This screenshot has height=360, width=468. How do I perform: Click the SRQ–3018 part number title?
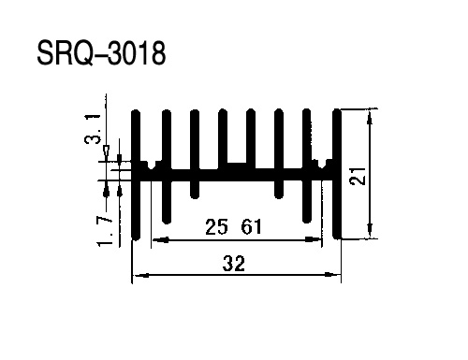click(x=101, y=53)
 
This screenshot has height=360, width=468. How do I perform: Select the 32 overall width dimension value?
click(x=234, y=264)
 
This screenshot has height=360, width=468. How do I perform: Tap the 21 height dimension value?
click(x=358, y=177)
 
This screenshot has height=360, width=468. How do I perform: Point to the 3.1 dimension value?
click(x=93, y=129)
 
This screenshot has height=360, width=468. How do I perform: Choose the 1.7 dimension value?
click(x=105, y=232)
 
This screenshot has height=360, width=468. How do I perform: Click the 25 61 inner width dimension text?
click(x=233, y=227)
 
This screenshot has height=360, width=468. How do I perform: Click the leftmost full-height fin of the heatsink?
click(x=136, y=175)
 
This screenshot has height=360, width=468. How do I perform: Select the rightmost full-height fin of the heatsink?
click(x=337, y=174)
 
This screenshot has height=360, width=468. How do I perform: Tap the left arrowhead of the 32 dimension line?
click(x=140, y=275)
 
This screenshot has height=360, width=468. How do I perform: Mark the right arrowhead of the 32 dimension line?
click(x=332, y=275)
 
